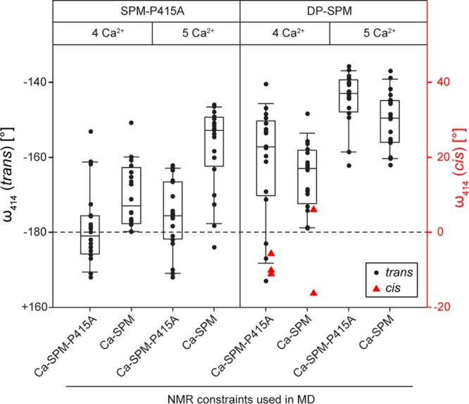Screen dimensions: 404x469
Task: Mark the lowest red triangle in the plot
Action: (x=313, y=293)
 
